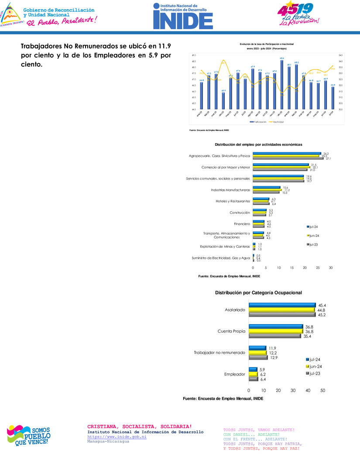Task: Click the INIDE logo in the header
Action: [183, 16]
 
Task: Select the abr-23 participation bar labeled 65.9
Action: [223, 101]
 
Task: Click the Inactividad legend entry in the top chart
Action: [278, 122]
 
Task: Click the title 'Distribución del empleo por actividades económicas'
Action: [259, 144]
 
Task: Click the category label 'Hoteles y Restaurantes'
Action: [233, 201]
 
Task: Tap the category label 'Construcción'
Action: [240, 212]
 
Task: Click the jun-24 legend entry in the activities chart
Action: [312, 236]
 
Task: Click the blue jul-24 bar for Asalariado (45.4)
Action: [282, 305]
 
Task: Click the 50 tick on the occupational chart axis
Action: [323, 390]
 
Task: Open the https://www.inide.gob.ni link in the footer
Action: [117, 436]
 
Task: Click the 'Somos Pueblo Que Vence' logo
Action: [29, 435]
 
